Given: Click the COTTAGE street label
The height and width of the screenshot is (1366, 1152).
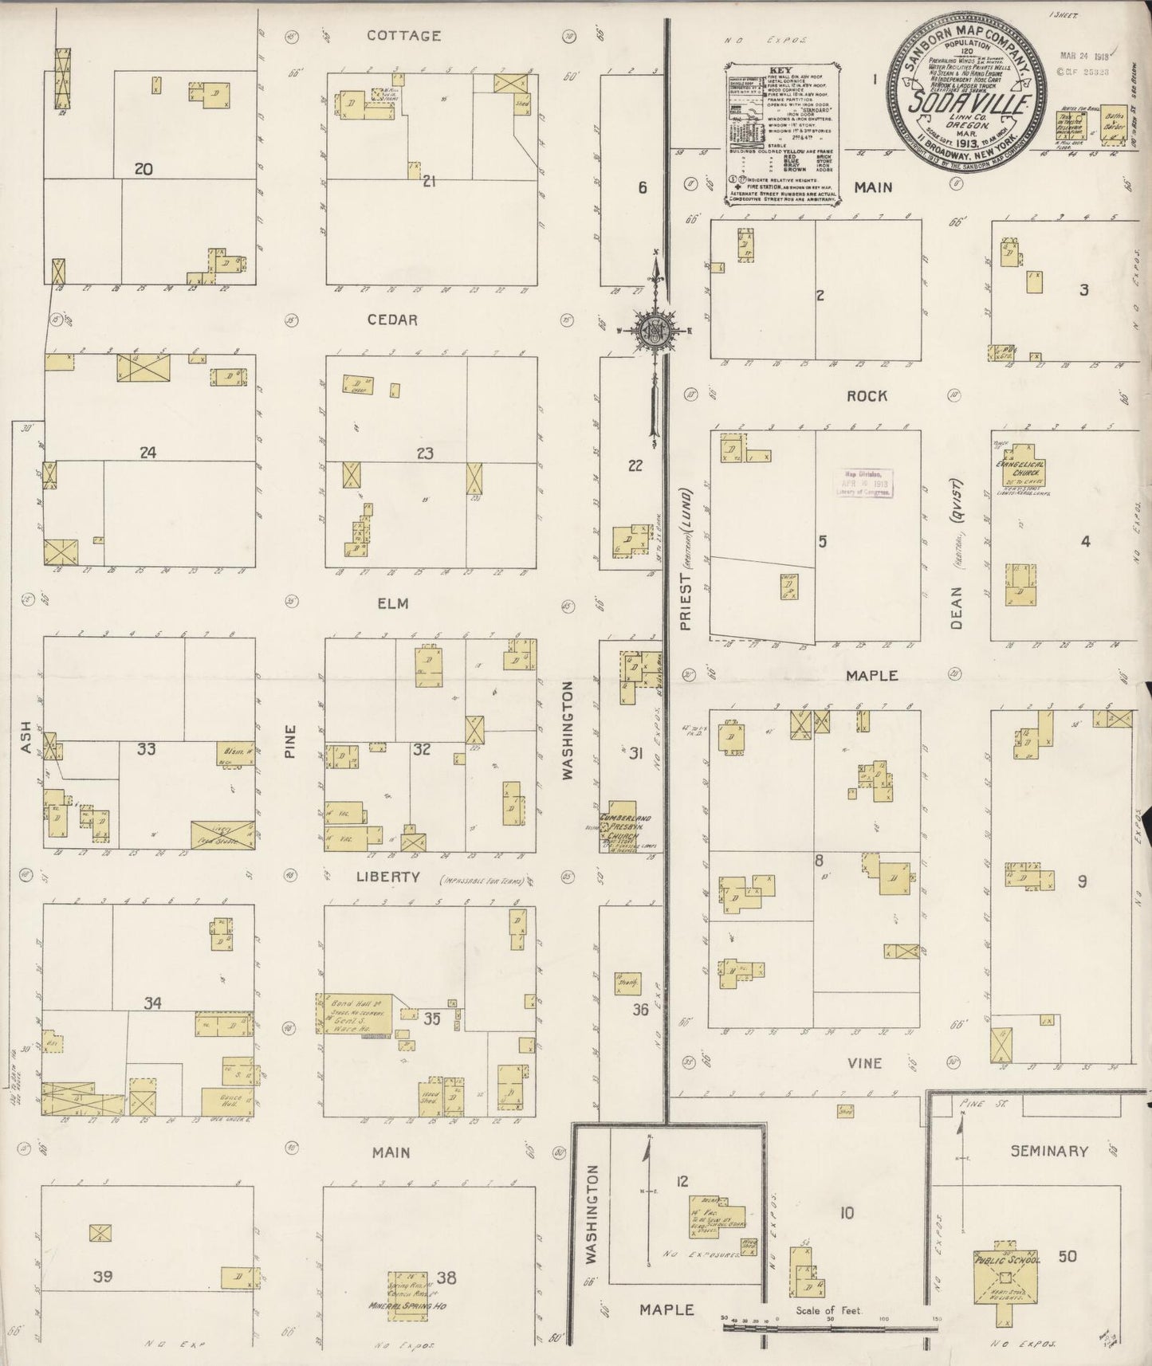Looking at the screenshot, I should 403,35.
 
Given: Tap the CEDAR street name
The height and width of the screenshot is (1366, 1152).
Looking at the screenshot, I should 392,320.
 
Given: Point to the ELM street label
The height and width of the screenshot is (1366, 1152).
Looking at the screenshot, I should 392,603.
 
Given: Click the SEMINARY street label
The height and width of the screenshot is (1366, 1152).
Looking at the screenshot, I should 1048,1151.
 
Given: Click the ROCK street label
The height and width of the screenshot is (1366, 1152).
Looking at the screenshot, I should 867,396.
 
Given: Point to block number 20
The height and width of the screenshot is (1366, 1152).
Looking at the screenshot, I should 144,169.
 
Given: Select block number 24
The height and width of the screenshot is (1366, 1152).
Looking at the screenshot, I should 147,453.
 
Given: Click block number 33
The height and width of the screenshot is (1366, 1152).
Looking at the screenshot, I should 146,748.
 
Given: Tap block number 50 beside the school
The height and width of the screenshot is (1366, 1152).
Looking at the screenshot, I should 1067,1257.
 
